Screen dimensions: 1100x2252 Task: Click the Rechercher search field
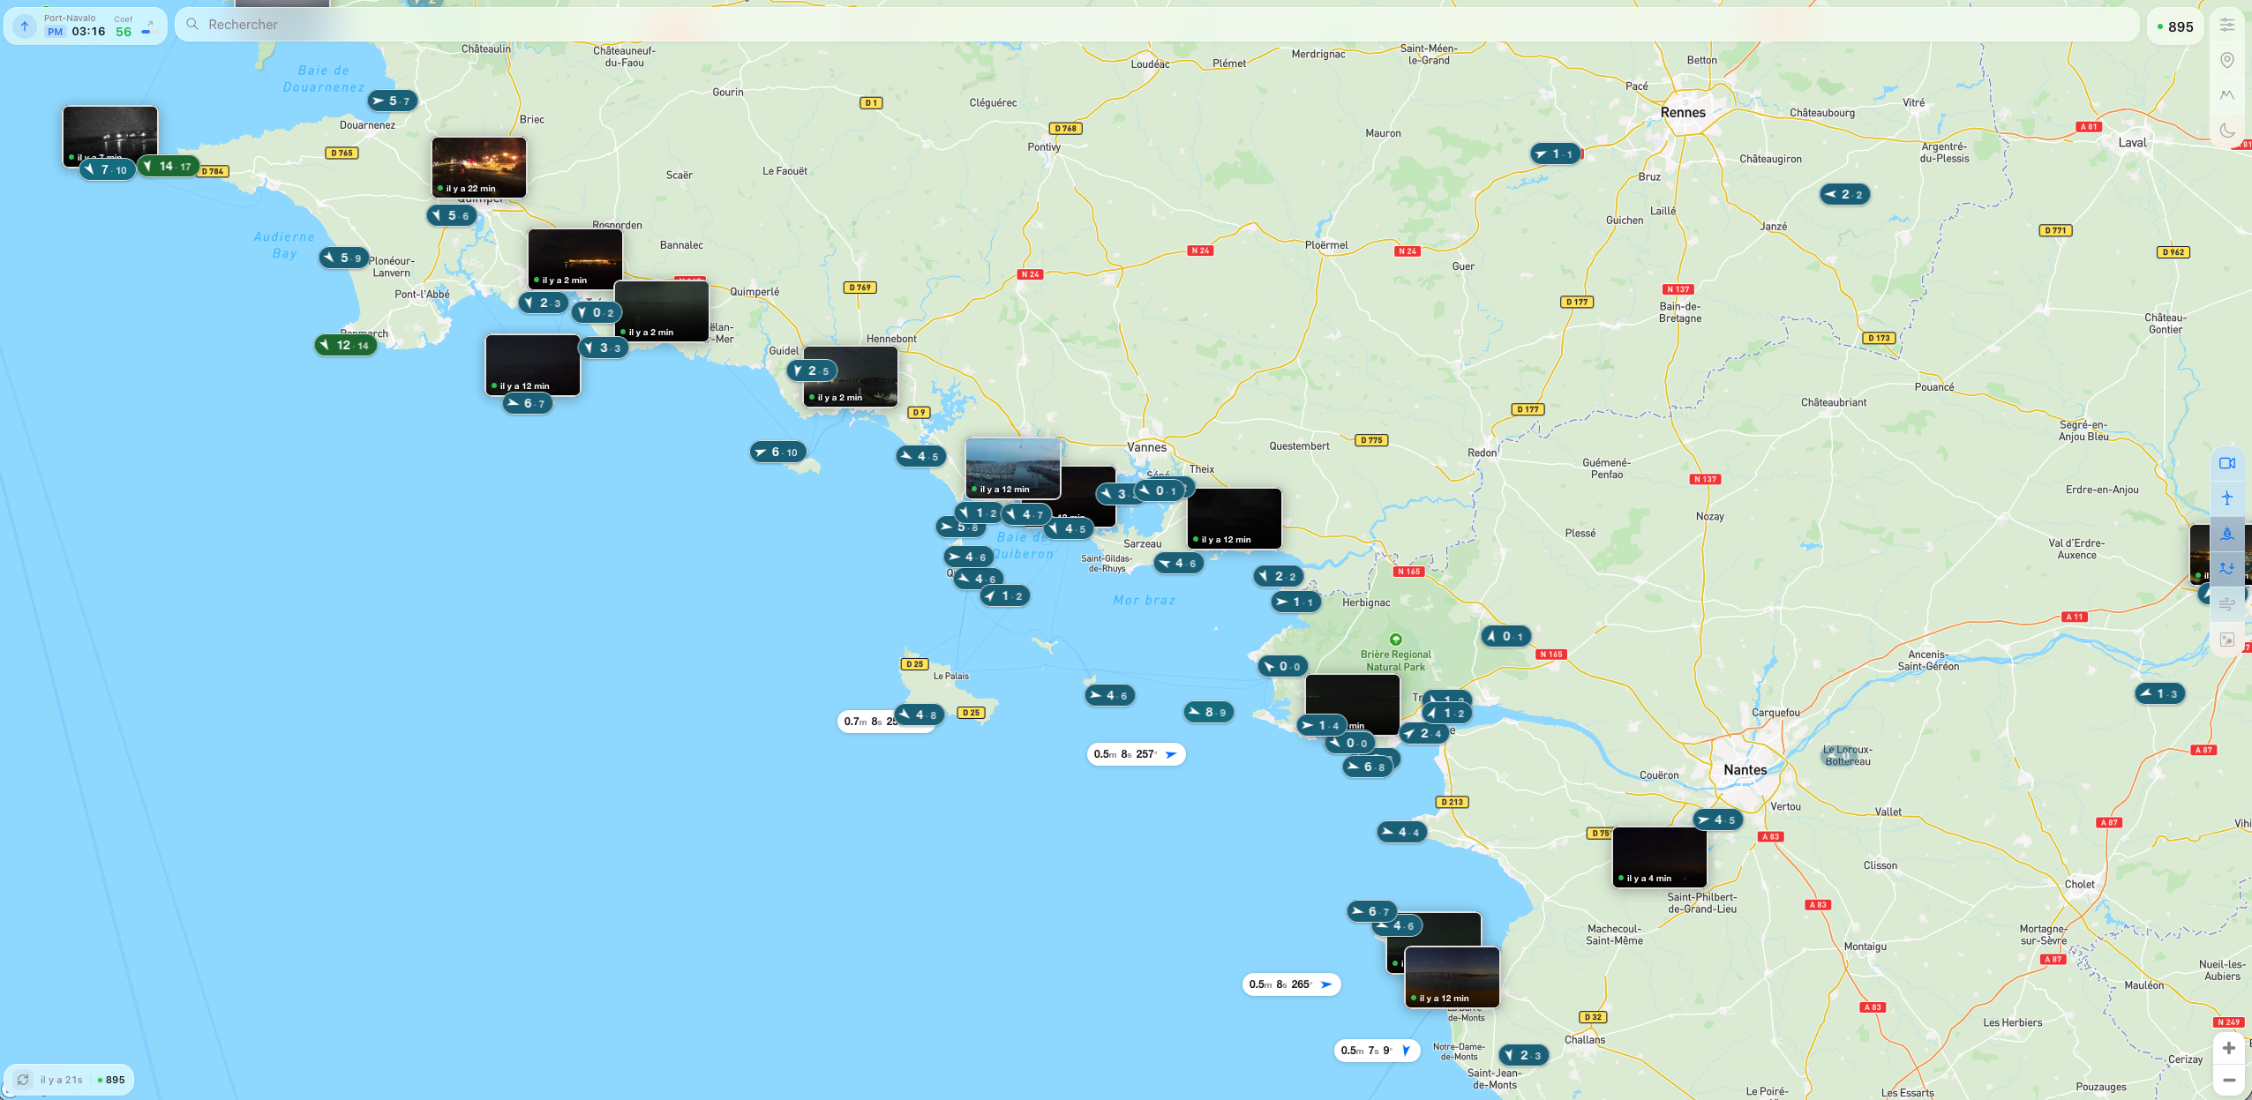pyautogui.click(x=1147, y=25)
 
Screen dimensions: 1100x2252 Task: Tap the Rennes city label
pyautogui.click(x=1683, y=113)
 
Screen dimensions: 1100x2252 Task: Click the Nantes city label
pyautogui.click(x=1745, y=769)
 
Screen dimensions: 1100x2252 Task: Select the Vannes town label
pyautogui.click(x=1146, y=447)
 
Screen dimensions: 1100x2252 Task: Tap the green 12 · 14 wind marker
pyautogui.click(x=347, y=345)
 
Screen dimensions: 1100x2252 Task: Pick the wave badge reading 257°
pyautogui.click(x=1136, y=754)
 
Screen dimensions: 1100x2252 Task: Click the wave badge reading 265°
pyautogui.click(x=1291, y=984)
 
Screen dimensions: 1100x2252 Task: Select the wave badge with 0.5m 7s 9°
pyautogui.click(x=1376, y=1051)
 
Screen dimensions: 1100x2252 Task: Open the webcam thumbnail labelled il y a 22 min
pyautogui.click(x=479, y=167)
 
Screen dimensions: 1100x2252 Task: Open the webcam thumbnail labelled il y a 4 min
pyautogui.click(x=1659, y=857)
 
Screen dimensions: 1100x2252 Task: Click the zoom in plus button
pyautogui.click(x=2228, y=1048)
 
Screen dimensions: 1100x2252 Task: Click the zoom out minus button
pyautogui.click(x=2228, y=1080)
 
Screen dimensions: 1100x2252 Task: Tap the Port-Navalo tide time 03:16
pyautogui.click(x=88, y=32)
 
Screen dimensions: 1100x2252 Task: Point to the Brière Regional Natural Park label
pyautogui.click(x=1395, y=661)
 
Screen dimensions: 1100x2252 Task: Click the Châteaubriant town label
pyautogui.click(x=1833, y=402)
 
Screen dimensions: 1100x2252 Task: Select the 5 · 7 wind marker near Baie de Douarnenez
pyautogui.click(x=392, y=101)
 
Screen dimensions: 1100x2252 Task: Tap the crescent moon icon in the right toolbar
pyautogui.click(x=2227, y=131)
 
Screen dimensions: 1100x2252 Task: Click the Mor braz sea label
pyautogui.click(x=1144, y=600)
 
